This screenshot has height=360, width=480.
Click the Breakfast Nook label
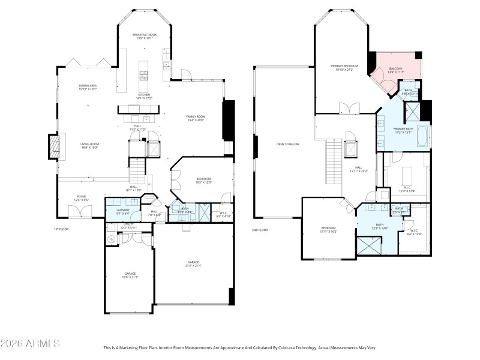[145, 35]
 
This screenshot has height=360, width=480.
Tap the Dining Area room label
[88, 86]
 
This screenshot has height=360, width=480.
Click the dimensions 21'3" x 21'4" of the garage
[193, 266]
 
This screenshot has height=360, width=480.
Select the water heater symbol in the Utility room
[112, 239]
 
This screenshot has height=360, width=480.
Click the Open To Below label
[287, 144]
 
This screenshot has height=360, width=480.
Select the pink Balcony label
[396, 69]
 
